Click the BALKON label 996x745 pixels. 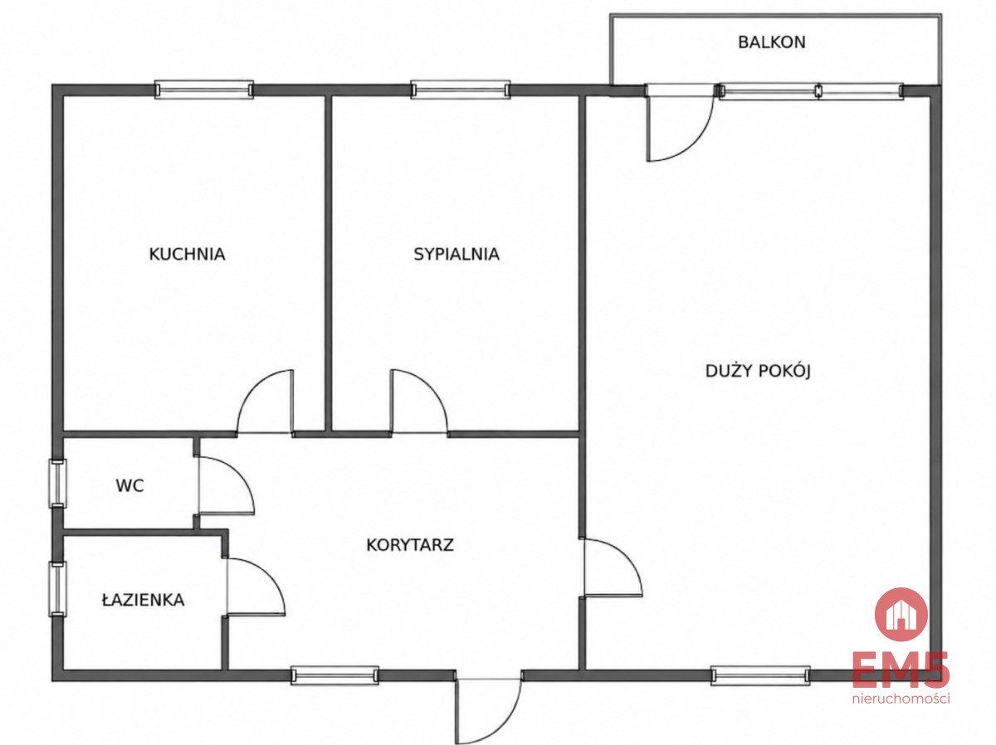(x=772, y=42)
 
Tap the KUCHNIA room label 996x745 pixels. (x=187, y=254)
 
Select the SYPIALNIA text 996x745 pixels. (x=456, y=254)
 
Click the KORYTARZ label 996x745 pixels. (x=410, y=544)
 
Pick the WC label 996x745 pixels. (x=130, y=485)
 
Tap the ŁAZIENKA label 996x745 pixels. (x=143, y=599)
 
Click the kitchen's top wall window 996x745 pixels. (x=203, y=90)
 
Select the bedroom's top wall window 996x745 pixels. (x=461, y=90)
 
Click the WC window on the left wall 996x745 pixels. (x=57, y=483)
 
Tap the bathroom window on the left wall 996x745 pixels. (x=57, y=589)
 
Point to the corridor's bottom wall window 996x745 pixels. (x=334, y=675)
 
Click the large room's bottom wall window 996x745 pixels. (x=760, y=675)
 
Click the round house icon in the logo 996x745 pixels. (x=901, y=614)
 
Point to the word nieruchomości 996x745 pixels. (x=901, y=699)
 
